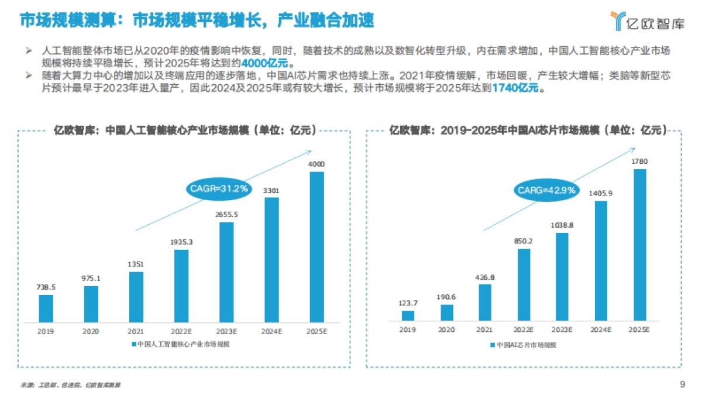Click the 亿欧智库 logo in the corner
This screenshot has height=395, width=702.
[646, 21]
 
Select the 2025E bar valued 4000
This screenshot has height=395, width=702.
[316, 247]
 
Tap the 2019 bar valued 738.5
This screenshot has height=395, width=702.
[46, 308]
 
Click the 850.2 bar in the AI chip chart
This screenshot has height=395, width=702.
[524, 284]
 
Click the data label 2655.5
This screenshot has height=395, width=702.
[226, 215]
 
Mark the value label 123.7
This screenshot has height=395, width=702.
[408, 303]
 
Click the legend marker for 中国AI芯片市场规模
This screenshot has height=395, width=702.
[493, 345]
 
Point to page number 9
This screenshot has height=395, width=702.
[682, 384]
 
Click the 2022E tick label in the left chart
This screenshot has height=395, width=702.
[181, 331]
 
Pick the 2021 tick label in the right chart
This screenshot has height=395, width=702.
[485, 330]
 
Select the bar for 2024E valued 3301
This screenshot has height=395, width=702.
[271, 260]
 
